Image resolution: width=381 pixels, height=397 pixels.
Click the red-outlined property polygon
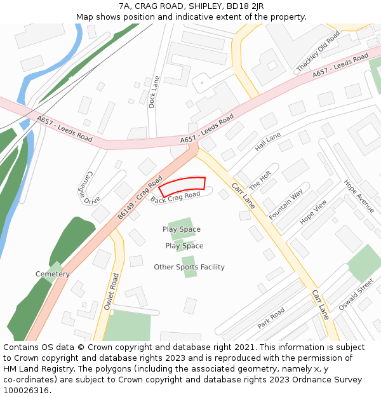pyautogui.click(x=182, y=186)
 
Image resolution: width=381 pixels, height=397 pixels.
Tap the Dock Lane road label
pyautogui.click(x=152, y=92)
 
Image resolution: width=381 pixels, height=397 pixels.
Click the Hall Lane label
pyautogui.click(x=267, y=142)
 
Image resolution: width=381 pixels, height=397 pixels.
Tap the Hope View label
pyautogui.click(x=313, y=212)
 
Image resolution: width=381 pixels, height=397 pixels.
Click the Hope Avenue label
pyautogui.click(x=359, y=196)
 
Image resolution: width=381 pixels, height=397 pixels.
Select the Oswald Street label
pyautogui.click(x=356, y=296)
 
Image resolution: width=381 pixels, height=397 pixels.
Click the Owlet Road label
pyautogui.click(x=110, y=292)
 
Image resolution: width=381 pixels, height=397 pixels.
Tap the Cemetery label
pyautogui.click(x=53, y=274)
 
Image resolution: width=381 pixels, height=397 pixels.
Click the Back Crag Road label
pyautogui.click(x=176, y=198)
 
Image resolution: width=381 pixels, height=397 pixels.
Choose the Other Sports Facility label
pyautogui.click(x=189, y=267)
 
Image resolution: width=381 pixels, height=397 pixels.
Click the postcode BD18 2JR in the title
pyautogui.click(x=247, y=6)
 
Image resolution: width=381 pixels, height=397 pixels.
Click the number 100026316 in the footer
pyautogui.click(x=26, y=391)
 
